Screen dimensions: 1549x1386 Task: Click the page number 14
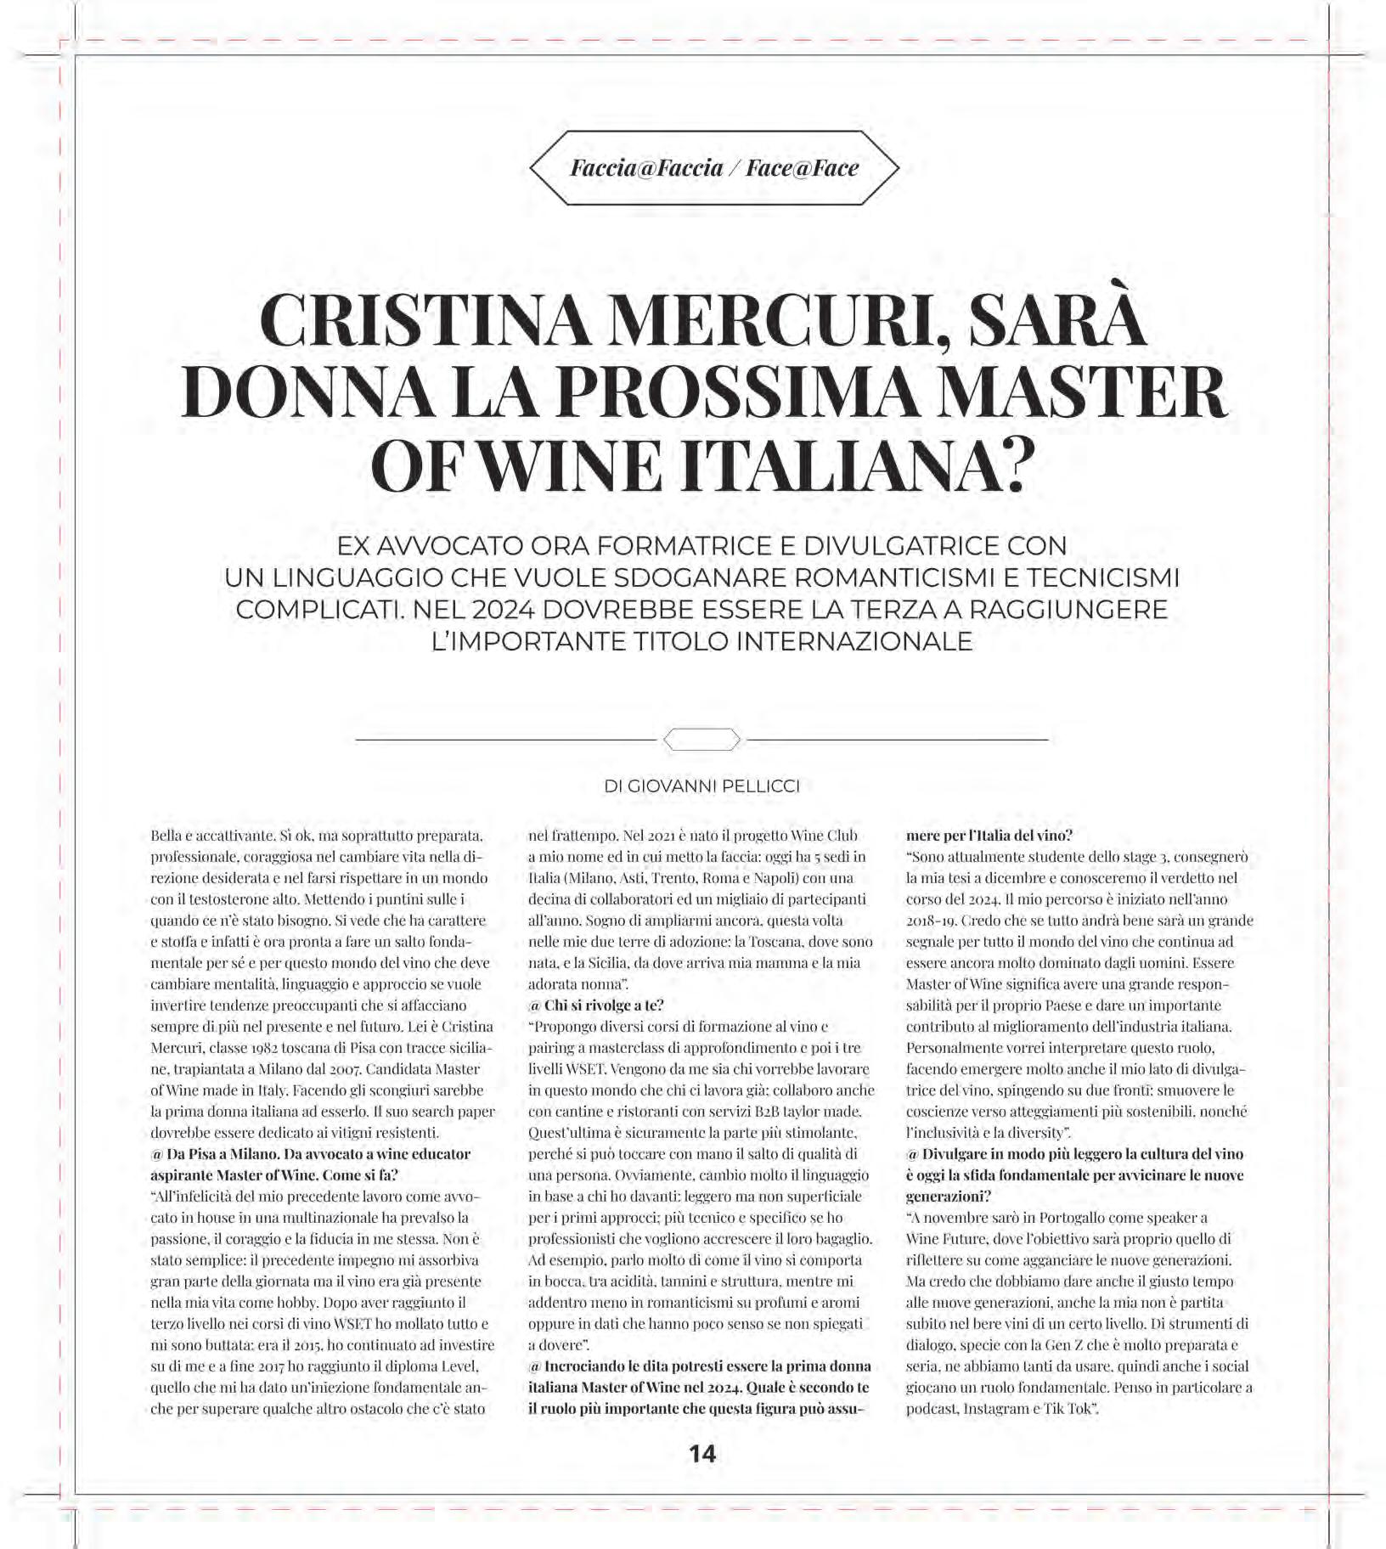[702, 1454]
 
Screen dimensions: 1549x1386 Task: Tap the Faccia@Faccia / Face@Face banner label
[714, 167]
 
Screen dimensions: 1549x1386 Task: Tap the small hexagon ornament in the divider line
[701, 740]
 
